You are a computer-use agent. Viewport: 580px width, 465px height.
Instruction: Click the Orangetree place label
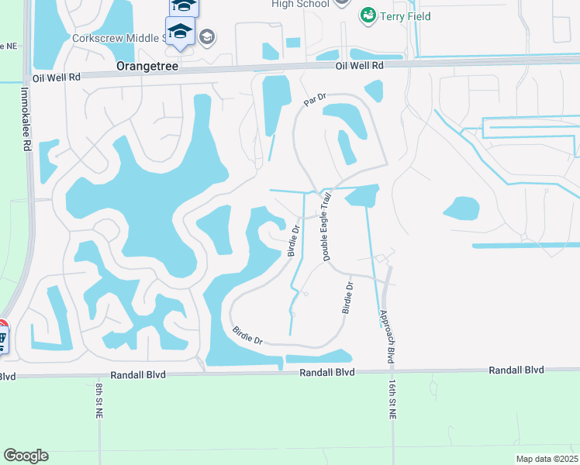click(x=147, y=67)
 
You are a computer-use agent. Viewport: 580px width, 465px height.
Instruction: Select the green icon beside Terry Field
click(x=368, y=15)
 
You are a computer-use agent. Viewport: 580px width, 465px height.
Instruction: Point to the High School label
click(x=301, y=4)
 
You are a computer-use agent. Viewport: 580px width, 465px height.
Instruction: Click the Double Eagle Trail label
click(x=326, y=226)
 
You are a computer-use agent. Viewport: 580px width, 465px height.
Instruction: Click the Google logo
click(x=26, y=456)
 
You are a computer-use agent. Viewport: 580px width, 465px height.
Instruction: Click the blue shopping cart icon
click(x=2, y=338)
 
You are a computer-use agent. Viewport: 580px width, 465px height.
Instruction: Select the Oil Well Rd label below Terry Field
click(x=360, y=66)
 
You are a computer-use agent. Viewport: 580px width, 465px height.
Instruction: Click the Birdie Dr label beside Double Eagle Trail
click(x=294, y=240)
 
